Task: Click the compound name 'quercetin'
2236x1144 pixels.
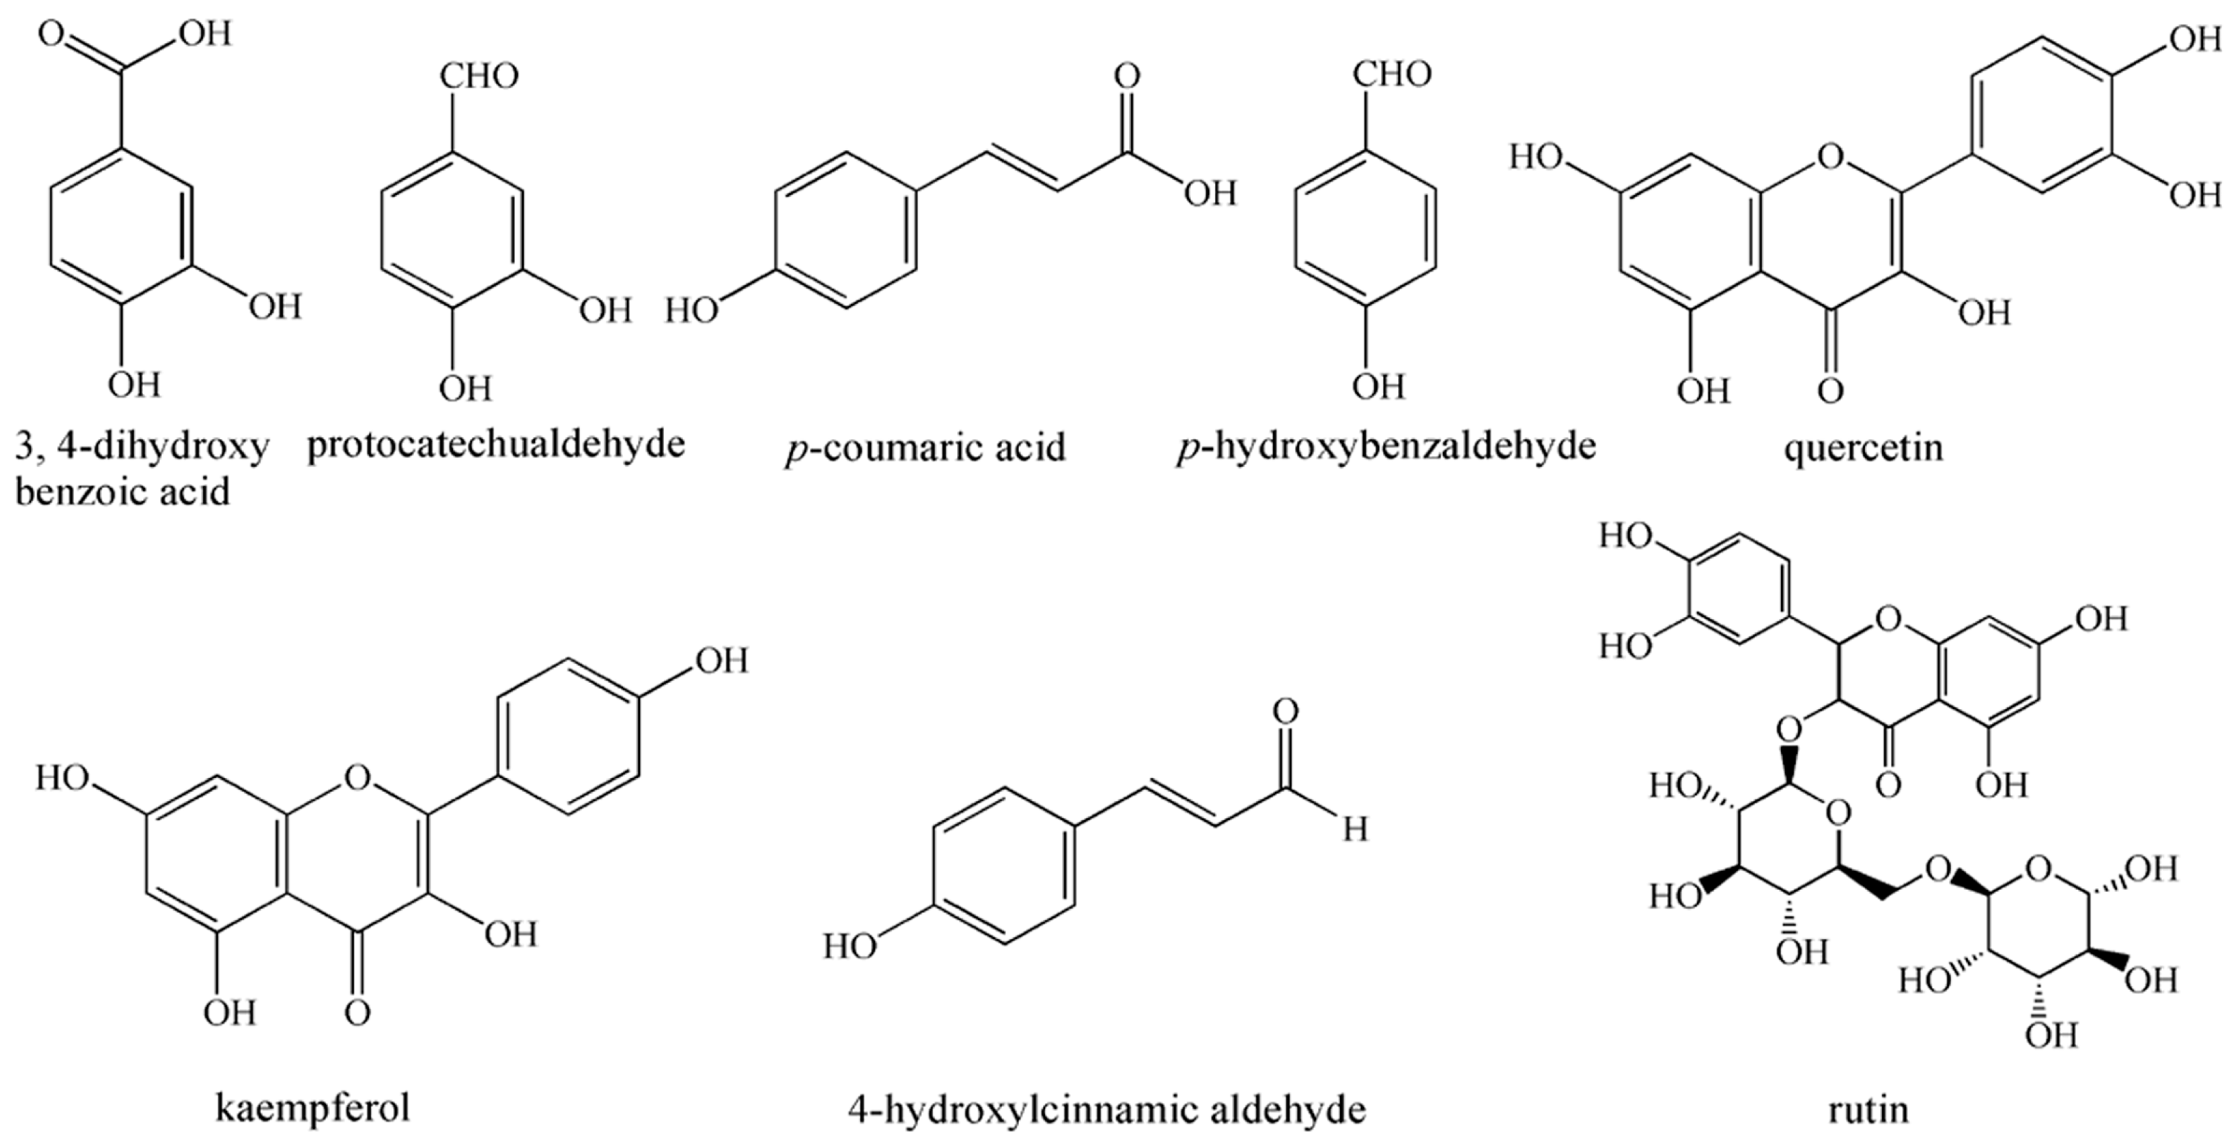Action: click(x=1863, y=447)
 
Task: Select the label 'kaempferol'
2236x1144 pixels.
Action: click(x=312, y=1108)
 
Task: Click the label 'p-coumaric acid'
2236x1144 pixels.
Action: click(x=925, y=448)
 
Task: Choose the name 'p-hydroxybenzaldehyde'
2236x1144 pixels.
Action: click(x=1386, y=447)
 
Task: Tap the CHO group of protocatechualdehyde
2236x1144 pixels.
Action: click(x=478, y=77)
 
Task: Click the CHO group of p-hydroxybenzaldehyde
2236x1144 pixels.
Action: click(x=1391, y=75)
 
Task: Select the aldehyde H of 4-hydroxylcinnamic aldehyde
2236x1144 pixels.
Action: click(x=1355, y=831)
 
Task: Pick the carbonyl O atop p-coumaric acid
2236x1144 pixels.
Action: click(x=1127, y=77)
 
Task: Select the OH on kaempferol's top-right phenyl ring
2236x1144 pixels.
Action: click(x=720, y=661)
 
